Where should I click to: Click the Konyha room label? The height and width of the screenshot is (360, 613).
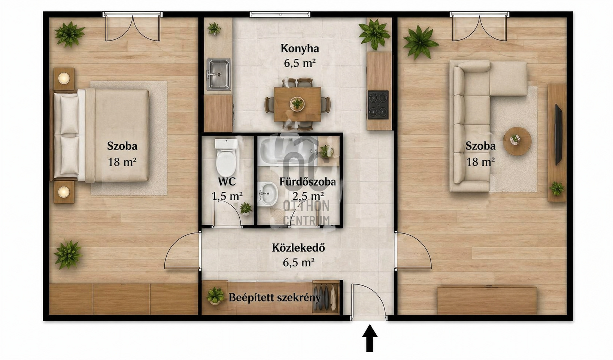tap(300, 49)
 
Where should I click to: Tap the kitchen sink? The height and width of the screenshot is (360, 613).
tap(219, 74)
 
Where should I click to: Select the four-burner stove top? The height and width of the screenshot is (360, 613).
tap(378, 105)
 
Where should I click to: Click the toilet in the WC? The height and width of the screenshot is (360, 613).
tap(226, 157)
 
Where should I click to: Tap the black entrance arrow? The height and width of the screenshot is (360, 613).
tap(370, 338)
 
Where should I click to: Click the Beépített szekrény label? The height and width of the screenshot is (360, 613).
tap(274, 297)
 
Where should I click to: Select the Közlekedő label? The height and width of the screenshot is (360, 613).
tap(298, 248)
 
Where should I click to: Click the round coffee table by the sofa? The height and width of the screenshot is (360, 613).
tap(517, 141)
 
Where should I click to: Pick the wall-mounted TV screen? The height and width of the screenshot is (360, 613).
tap(558, 135)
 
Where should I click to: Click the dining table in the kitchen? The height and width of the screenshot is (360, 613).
tap(297, 104)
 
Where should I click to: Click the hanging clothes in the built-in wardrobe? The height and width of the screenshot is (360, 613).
tap(325, 297)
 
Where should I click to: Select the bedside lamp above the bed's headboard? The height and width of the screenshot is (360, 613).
tap(64, 78)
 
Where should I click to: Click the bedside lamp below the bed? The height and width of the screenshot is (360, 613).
tap(64, 192)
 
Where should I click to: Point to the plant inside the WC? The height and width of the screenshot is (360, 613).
tap(246, 209)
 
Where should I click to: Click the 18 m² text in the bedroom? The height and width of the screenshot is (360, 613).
tap(122, 162)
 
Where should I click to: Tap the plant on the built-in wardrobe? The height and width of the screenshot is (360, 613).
tap(215, 296)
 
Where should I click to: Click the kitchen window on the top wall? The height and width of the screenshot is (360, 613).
tap(280, 14)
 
